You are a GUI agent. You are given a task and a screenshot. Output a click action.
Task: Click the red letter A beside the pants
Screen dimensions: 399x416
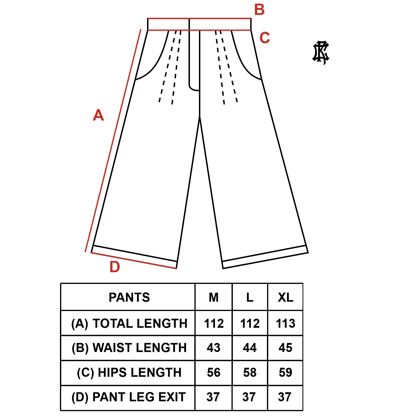tap(98, 115)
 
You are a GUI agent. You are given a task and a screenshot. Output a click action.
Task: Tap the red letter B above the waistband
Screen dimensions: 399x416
tap(259, 10)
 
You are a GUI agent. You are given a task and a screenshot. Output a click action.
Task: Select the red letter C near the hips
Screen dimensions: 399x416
tap(265, 38)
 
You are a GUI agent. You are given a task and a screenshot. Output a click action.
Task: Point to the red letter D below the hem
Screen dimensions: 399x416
tap(115, 267)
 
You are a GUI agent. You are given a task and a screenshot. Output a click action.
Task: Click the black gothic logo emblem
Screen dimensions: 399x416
tap(321, 52)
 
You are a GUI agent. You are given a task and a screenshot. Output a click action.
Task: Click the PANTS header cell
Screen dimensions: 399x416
tap(129, 297)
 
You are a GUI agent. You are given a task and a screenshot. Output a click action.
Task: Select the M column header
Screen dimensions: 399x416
tap(214, 297)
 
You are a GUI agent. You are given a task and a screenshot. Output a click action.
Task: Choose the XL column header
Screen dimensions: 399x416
tap(286, 297)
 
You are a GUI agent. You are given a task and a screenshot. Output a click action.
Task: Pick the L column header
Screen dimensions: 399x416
tap(250, 297)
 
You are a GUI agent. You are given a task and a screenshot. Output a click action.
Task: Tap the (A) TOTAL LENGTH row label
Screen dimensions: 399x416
tap(129, 323)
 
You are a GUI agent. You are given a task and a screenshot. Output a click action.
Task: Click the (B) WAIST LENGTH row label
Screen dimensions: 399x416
tap(129, 348)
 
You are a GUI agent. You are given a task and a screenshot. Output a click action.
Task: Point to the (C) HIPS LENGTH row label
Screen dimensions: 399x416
tap(129, 372)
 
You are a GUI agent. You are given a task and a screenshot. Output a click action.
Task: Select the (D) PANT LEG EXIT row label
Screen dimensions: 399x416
tap(128, 397)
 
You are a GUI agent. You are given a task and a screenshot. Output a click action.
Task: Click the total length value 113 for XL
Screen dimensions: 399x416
tap(286, 323)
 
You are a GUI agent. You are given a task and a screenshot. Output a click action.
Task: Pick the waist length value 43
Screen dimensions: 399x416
tap(214, 348)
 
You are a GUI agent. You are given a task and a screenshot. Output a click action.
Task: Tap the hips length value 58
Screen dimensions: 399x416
tap(250, 372)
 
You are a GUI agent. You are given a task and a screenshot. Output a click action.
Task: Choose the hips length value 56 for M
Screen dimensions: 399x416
tap(214, 372)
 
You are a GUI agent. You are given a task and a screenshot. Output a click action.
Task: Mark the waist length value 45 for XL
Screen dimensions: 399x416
tap(286, 348)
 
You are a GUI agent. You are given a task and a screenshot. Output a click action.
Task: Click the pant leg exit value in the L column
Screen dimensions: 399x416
tap(249, 397)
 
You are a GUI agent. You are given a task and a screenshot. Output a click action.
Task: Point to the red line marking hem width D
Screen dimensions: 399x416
tap(134, 261)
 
